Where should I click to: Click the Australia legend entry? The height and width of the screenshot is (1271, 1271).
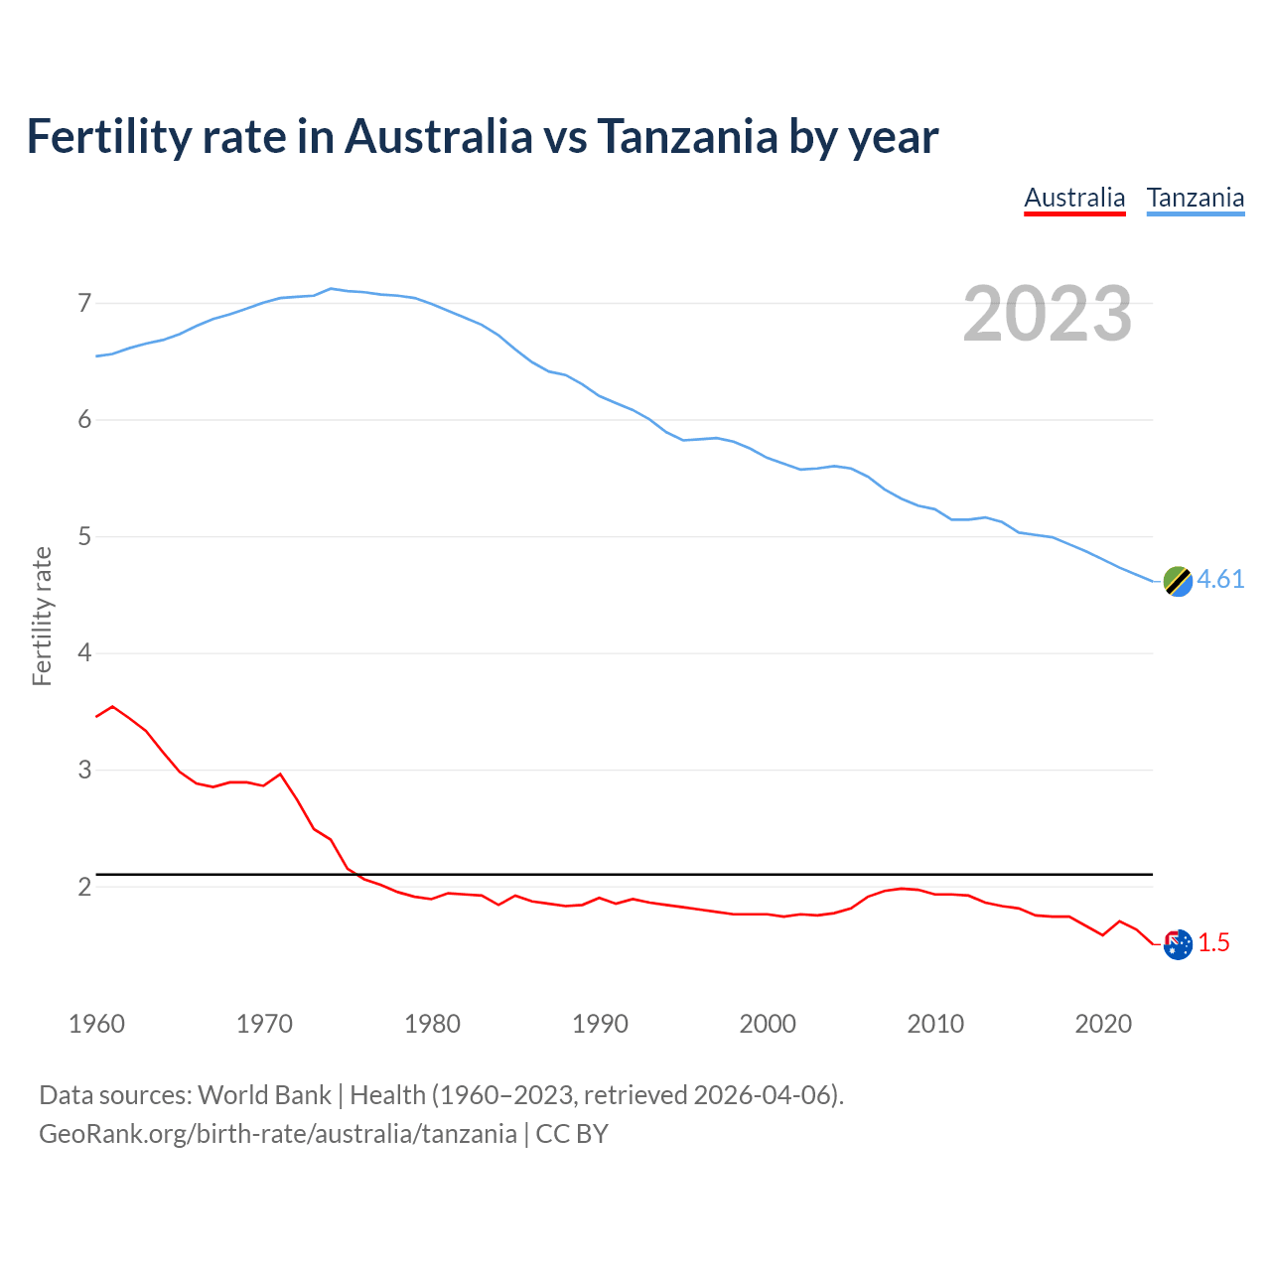tap(1074, 198)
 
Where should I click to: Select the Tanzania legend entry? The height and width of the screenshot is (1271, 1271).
tap(1196, 198)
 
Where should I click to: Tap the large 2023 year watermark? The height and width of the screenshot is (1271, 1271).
tap(1048, 314)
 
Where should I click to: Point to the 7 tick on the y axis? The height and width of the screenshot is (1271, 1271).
tap(84, 303)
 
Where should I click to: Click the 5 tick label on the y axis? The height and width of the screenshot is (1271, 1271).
tap(84, 537)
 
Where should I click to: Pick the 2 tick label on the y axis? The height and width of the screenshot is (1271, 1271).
tap(84, 887)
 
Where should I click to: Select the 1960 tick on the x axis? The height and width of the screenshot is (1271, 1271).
tap(96, 1024)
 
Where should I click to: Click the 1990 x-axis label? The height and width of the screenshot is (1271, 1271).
tap(600, 1024)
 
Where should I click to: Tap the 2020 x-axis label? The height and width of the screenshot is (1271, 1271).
tap(1103, 1024)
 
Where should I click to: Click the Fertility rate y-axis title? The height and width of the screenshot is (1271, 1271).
tap(42, 616)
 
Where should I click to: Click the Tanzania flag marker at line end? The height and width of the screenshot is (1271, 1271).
tap(1178, 581)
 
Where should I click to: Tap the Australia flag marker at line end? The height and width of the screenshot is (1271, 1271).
tap(1178, 944)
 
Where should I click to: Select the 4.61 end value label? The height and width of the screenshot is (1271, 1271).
tap(1220, 579)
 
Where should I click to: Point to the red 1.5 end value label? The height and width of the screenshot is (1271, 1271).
tap(1213, 942)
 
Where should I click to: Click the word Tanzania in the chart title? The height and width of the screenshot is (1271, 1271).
tap(686, 136)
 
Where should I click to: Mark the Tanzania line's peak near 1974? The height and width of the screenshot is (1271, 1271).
tap(331, 288)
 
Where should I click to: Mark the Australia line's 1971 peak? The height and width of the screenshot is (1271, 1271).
tap(280, 774)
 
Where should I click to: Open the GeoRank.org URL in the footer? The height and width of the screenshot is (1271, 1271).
tap(278, 1133)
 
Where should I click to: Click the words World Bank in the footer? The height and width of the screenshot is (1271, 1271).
tap(264, 1094)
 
